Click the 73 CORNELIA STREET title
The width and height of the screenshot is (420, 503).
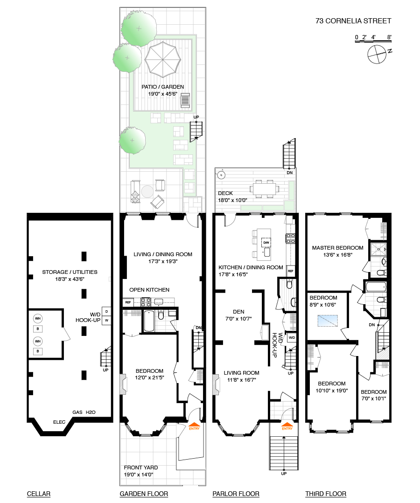353,21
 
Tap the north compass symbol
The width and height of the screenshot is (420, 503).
377,54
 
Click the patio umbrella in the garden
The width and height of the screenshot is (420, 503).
163,59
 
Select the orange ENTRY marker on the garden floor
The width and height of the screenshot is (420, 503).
194,426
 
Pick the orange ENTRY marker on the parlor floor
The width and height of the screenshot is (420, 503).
287,426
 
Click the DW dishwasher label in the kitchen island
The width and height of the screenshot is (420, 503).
266,243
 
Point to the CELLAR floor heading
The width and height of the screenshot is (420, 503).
39,494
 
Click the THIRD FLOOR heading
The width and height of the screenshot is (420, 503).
326,494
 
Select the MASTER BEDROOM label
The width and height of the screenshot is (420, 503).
337,248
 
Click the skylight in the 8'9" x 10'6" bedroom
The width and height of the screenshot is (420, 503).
328,321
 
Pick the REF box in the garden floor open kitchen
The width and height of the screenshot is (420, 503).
128,302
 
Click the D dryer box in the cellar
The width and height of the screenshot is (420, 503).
106,312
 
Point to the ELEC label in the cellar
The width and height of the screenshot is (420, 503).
59,422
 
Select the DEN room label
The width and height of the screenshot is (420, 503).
238,312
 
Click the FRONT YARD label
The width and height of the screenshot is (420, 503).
141,468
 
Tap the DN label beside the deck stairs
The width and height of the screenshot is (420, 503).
289,173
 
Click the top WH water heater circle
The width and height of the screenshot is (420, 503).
38,319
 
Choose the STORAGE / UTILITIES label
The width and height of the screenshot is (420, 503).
70,272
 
